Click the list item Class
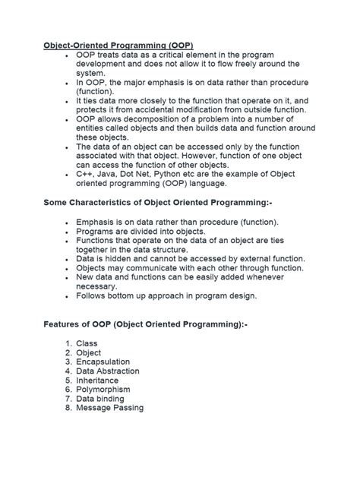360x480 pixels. [x=87, y=344]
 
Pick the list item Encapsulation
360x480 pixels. [x=103, y=362]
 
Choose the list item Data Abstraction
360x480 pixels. [x=108, y=371]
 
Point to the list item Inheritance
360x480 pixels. [x=97, y=381]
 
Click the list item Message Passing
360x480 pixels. [x=110, y=408]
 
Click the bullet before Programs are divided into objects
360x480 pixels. [x=68, y=232]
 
